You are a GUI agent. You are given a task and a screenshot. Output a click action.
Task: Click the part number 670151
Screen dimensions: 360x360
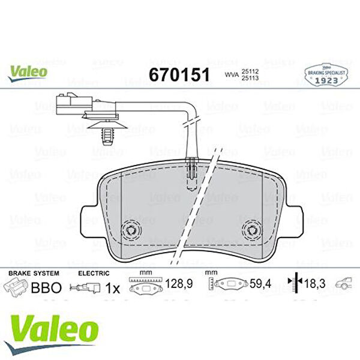click(178, 74)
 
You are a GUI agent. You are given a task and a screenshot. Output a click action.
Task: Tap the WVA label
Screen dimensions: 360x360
click(230, 75)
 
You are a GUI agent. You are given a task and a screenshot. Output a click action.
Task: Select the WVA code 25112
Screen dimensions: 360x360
click(251, 71)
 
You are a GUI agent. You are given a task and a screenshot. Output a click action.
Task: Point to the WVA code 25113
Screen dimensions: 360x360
click(251, 79)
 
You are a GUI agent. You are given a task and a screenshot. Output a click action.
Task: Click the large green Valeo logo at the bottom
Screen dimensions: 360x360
click(52, 329)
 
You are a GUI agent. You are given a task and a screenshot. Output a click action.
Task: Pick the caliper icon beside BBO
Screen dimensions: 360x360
click(17, 287)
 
